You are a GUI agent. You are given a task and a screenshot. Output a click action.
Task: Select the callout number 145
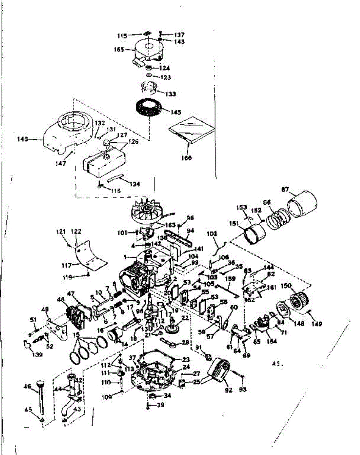tap(176, 112)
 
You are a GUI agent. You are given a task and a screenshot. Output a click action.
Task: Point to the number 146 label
tap(23, 140)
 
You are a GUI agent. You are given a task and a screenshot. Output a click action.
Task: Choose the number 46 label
tap(28, 386)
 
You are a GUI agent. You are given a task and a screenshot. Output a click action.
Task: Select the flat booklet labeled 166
tap(193, 130)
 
